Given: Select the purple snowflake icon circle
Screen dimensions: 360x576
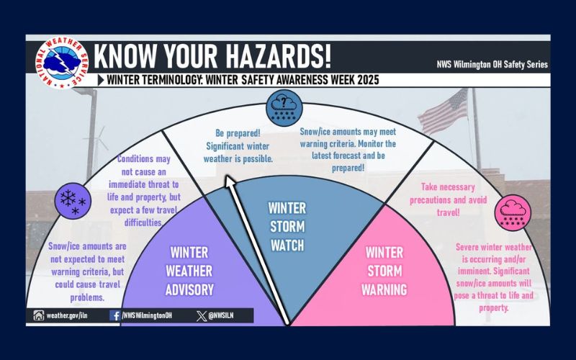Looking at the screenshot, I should [x=73, y=199].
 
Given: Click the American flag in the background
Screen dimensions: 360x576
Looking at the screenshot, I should [x=444, y=115].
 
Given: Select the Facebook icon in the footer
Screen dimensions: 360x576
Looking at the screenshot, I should [x=115, y=315].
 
